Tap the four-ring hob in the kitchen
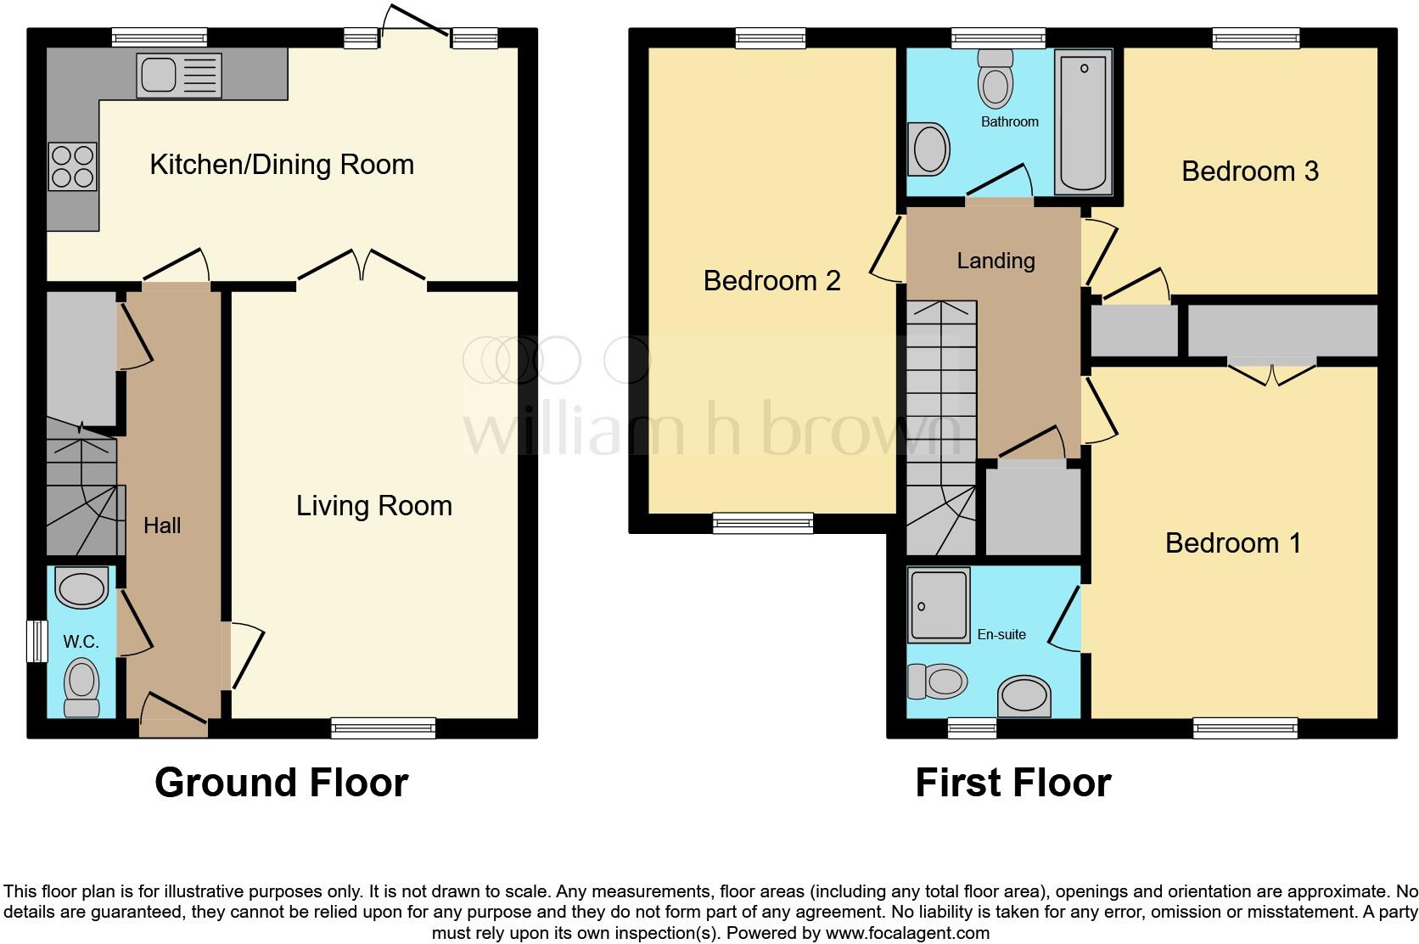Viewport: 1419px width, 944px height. point(72,166)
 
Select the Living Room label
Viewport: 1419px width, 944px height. point(373,506)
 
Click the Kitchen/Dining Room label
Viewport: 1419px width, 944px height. point(282,165)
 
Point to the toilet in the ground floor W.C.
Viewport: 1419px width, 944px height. point(82,686)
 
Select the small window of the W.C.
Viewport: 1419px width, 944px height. point(36,641)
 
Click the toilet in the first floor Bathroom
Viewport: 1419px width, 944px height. point(996,78)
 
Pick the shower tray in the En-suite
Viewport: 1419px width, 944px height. point(939,605)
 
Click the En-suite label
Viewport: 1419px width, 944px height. point(1001,634)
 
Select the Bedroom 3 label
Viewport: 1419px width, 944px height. point(1249,171)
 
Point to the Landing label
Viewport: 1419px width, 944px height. point(996,261)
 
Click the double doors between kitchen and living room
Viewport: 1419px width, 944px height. point(362,265)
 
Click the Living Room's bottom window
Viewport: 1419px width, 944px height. point(383,728)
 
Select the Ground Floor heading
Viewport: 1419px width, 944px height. point(281,782)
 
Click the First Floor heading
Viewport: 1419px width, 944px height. point(1012,782)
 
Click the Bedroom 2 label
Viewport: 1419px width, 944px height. point(771,281)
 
